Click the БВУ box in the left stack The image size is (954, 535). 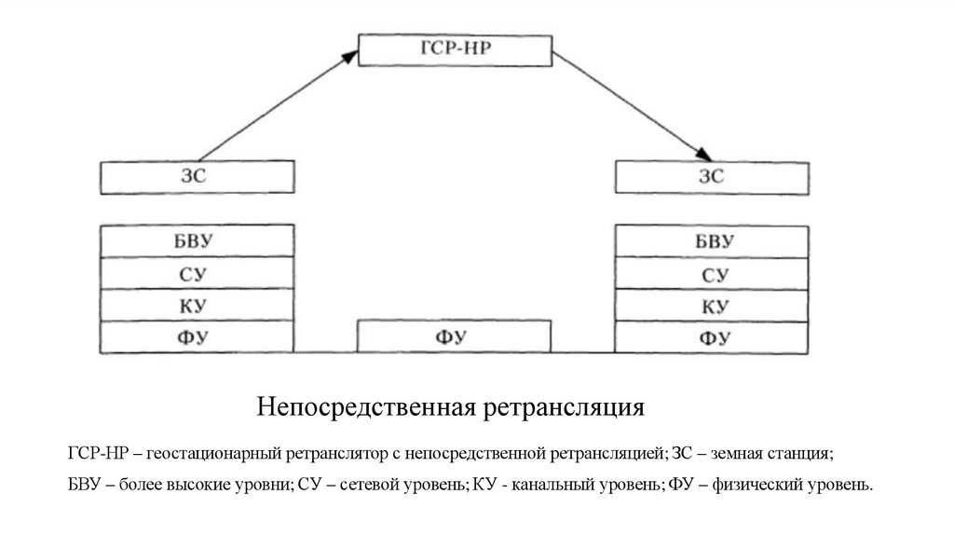197,240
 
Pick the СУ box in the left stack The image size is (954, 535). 197,273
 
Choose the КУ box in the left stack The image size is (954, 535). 197,305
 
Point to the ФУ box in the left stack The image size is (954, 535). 197,336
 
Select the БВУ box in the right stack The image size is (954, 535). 713,240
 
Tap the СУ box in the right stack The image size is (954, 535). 713,273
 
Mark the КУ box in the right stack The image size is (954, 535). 713,305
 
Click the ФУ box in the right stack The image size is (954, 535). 713,336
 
